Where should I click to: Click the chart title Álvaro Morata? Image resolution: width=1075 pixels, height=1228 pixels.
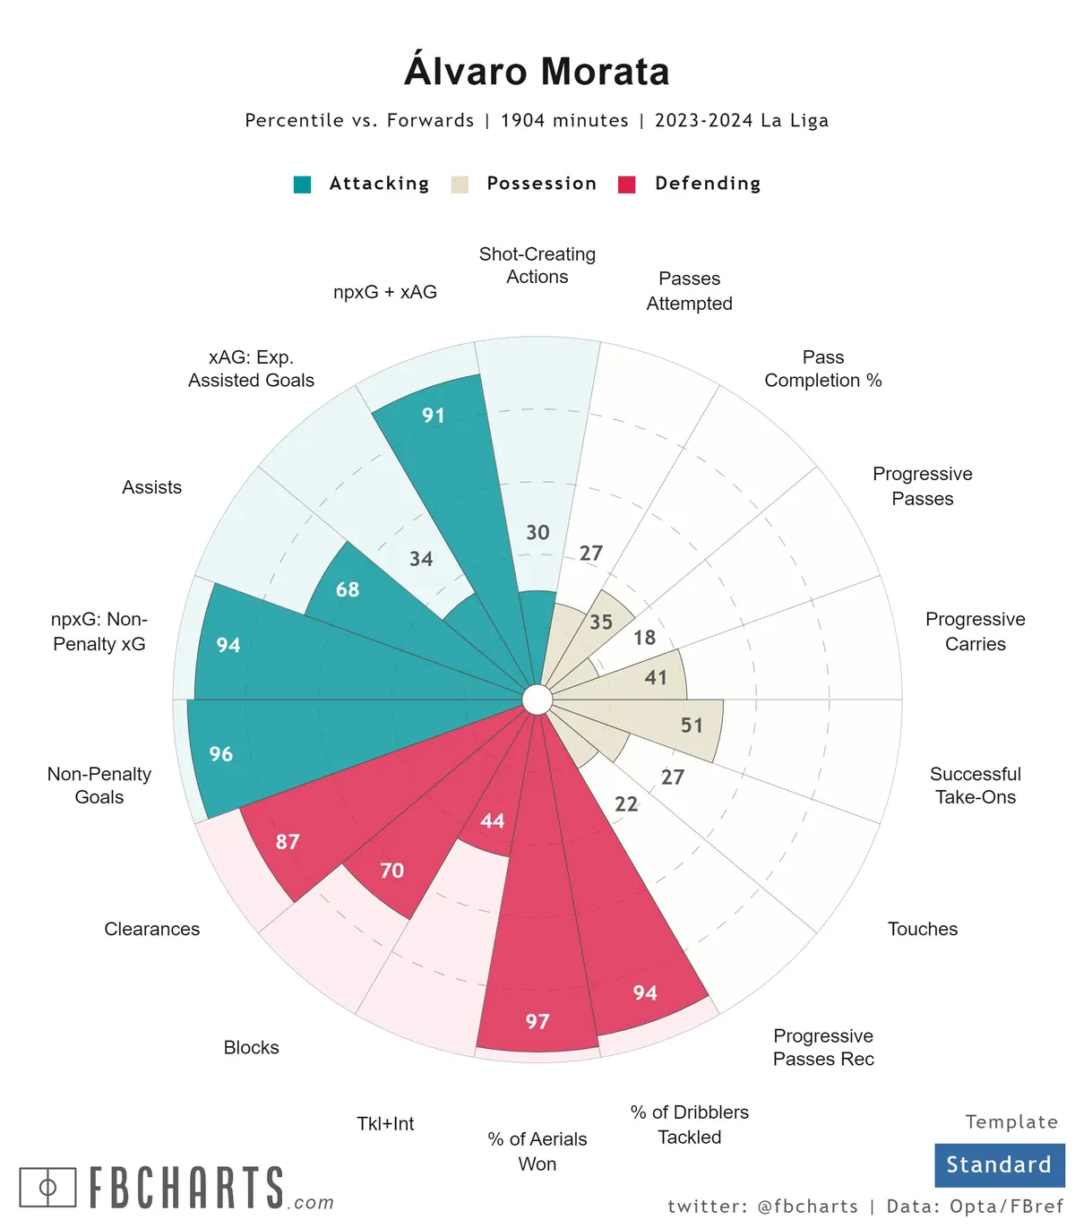click(537, 72)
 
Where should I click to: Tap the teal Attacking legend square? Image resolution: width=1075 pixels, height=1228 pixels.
click(303, 185)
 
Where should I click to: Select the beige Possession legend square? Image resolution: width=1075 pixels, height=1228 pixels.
click(460, 185)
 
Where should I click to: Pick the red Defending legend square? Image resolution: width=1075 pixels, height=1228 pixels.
click(627, 185)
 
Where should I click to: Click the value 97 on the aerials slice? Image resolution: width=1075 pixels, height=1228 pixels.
click(537, 1022)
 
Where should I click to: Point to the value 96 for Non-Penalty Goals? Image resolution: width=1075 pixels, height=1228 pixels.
click(221, 754)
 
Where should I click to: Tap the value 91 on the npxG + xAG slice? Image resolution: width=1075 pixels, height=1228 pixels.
click(434, 416)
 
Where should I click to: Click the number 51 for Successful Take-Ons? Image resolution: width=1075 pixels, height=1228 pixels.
click(692, 726)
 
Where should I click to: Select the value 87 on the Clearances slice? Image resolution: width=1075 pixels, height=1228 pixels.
click(288, 842)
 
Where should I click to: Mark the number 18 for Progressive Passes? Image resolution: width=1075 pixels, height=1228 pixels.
click(645, 638)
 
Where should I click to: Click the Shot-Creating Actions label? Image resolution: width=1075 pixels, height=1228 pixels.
click(537, 266)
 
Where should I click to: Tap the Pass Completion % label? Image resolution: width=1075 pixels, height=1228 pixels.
click(823, 369)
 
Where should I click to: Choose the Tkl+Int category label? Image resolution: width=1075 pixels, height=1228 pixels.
click(385, 1124)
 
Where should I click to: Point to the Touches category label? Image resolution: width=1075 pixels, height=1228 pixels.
click(923, 930)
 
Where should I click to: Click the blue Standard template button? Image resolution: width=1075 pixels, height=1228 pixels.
click(999, 1164)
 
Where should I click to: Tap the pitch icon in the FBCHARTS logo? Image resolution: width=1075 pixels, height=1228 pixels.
click(47, 1188)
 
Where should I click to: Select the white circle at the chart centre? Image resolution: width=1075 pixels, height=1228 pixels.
click(537, 700)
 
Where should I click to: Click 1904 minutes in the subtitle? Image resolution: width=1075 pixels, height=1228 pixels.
click(564, 121)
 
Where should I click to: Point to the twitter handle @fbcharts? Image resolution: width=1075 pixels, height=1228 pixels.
click(807, 1207)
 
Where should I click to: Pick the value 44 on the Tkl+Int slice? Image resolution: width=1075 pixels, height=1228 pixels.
click(493, 821)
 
